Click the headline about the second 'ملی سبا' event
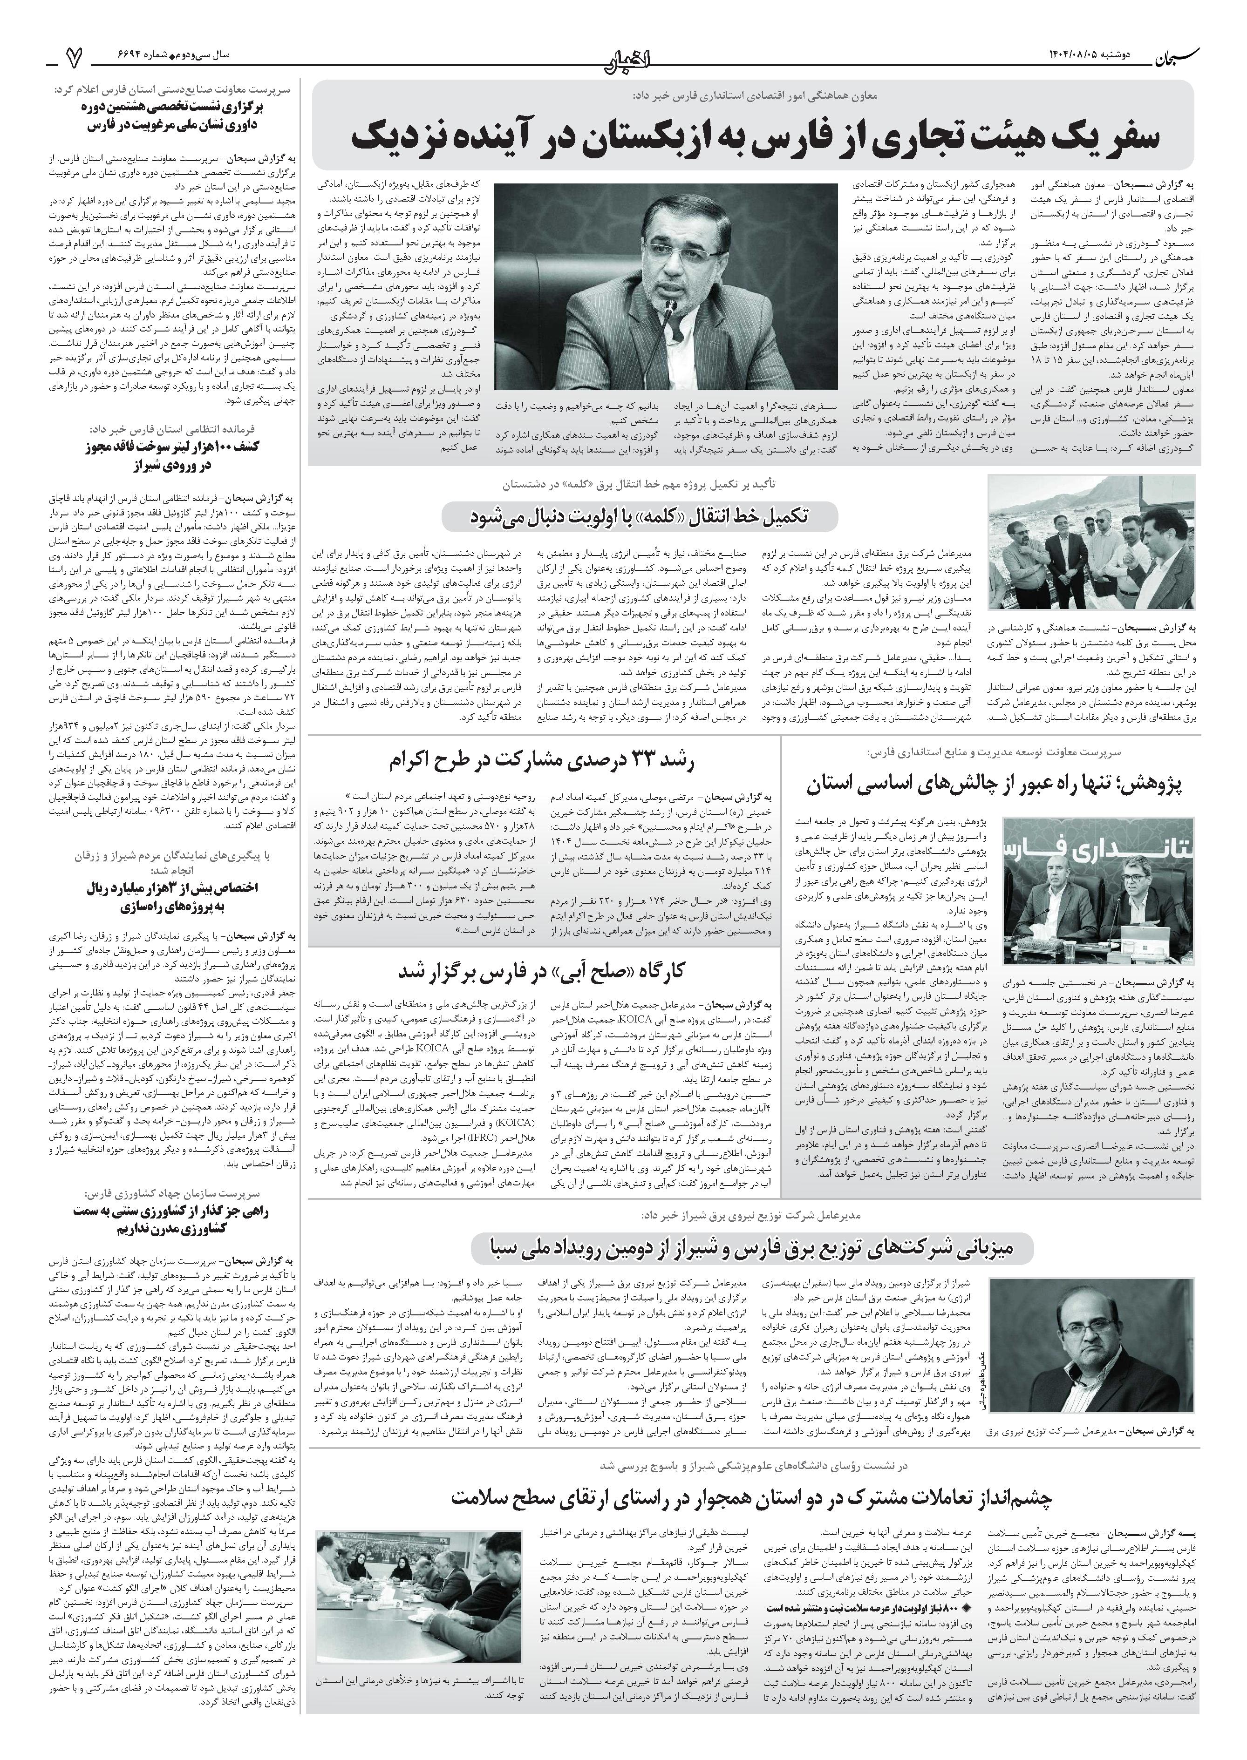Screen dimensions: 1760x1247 752,1248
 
